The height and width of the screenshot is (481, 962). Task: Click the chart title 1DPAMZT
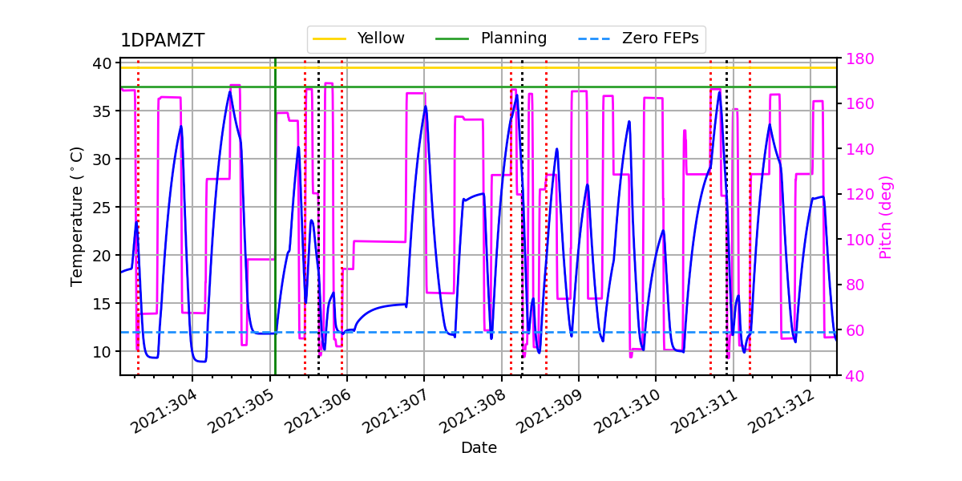[162, 41]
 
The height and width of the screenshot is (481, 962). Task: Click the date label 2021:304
[163, 411]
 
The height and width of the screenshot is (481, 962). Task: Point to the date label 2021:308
[471, 411]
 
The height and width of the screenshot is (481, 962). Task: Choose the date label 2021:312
[780, 411]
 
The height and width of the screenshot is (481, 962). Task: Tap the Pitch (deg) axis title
[885, 216]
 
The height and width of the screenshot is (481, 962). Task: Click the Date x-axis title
[479, 448]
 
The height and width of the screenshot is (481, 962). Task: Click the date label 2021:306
[317, 411]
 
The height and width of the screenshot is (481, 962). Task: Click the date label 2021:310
[625, 411]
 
